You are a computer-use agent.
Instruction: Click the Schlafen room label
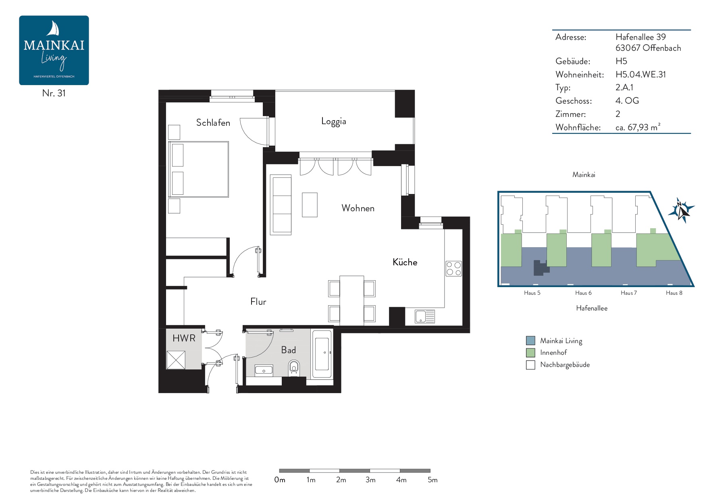coord(213,123)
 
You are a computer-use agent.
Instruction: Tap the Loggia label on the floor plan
coord(333,121)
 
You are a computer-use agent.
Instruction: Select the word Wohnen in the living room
coord(358,208)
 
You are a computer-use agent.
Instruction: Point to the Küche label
coord(405,262)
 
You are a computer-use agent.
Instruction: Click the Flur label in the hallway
coord(258,302)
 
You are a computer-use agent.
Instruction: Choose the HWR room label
coord(184,338)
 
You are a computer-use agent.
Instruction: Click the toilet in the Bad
coord(294,367)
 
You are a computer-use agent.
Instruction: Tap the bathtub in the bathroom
coord(322,354)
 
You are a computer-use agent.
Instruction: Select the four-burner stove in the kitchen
coord(453,269)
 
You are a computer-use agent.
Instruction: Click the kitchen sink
coord(425,317)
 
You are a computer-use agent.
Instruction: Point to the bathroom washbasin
coord(264,370)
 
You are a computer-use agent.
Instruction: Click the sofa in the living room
coord(281,205)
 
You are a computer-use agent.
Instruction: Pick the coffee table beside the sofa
coord(310,205)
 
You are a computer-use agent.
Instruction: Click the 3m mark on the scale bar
coord(370,480)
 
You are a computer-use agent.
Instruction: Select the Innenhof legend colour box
coord(530,353)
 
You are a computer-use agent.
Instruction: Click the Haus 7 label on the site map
coord(629,293)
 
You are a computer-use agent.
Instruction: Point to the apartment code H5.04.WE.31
coord(640,75)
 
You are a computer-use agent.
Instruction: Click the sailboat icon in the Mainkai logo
coord(54,29)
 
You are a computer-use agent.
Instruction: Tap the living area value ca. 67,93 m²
coord(638,127)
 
